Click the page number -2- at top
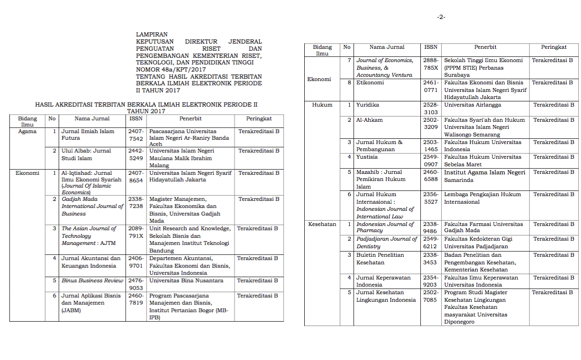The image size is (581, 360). click(x=441, y=17)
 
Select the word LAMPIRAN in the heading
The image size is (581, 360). click(x=152, y=35)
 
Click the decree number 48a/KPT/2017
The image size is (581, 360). click(x=174, y=69)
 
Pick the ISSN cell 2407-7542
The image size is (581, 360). click(x=136, y=135)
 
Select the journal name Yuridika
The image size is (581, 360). click(x=368, y=105)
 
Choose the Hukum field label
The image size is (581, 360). click(x=322, y=105)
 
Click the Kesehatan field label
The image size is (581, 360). click(x=322, y=224)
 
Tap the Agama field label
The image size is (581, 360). click(x=27, y=131)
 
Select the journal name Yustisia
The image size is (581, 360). click(x=367, y=157)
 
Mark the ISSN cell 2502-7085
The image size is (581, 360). click(x=431, y=296)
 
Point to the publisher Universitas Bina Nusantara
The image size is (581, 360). click(x=186, y=280)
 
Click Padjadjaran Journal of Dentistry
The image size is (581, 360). click(x=386, y=243)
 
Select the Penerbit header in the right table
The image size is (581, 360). click(x=485, y=47)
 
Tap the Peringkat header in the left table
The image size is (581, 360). click(x=259, y=118)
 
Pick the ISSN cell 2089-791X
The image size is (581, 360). click(x=136, y=232)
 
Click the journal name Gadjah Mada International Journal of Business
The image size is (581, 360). click(x=92, y=207)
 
